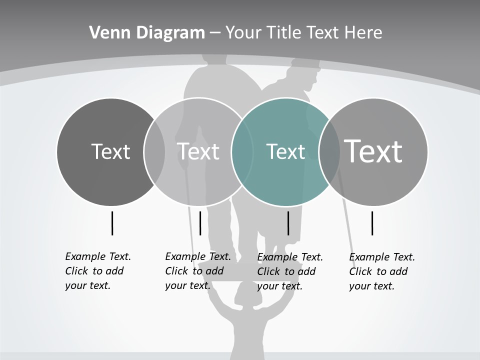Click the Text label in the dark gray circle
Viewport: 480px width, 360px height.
tap(110, 151)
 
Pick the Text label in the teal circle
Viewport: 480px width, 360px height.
tap(285, 151)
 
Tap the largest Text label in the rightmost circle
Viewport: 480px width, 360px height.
tap(373, 151)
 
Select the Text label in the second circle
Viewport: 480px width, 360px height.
tap(198, 151)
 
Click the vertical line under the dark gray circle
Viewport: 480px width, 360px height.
tap(112, 223)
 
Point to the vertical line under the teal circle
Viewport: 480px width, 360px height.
tap(288, 223)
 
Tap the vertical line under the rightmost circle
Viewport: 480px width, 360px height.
tap(372, 223)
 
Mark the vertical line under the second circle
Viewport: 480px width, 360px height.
tap(200, 223)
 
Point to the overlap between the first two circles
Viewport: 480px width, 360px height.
tap(154, 151)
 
